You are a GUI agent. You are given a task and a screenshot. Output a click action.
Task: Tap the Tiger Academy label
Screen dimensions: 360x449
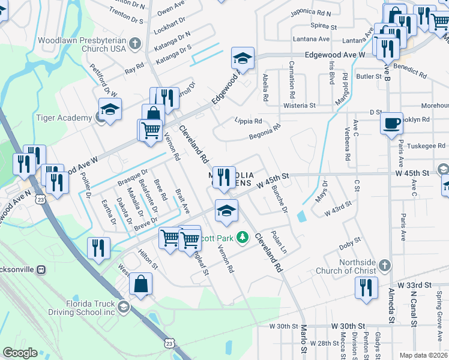(64, 118)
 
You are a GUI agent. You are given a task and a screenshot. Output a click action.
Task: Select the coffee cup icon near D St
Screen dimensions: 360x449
(391, 123)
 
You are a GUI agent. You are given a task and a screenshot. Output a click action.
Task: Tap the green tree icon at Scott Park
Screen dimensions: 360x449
(243, 238)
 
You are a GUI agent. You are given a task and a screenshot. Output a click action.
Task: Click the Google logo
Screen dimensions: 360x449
(20, 353)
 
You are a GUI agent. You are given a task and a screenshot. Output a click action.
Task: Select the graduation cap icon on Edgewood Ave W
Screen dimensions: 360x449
(242, 58)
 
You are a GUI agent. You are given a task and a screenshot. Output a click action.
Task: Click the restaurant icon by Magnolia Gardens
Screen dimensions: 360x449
(224, 177)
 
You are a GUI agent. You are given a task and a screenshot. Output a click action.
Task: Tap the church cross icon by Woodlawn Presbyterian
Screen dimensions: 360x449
(134, 44)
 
